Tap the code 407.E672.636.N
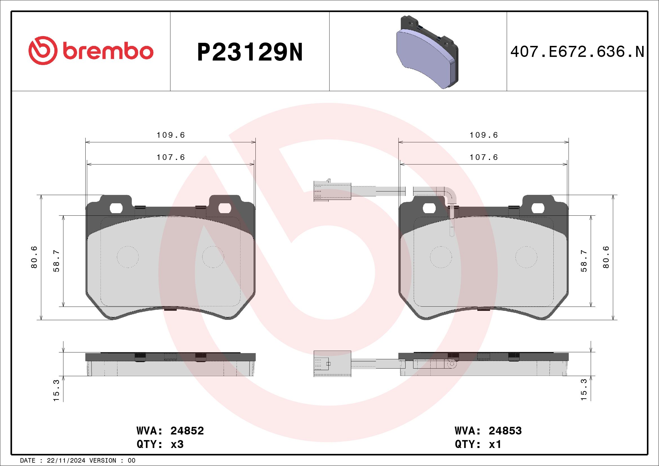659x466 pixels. click(577, 52)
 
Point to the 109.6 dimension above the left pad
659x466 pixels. click(170, 135)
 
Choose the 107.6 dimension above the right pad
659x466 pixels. click(484, 157)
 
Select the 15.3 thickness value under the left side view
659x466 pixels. click(56, 390)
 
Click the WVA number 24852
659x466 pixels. click(187, 431)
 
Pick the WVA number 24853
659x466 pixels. click(505, 431)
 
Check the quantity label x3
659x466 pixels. click(177, 445)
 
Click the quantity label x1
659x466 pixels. click(495, 445)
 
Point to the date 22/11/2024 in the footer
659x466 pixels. click(66, 461)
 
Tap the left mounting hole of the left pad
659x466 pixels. click(116, 208)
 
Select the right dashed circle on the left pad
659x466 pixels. click(213, 257)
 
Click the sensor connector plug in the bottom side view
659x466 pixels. click(332, 363)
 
